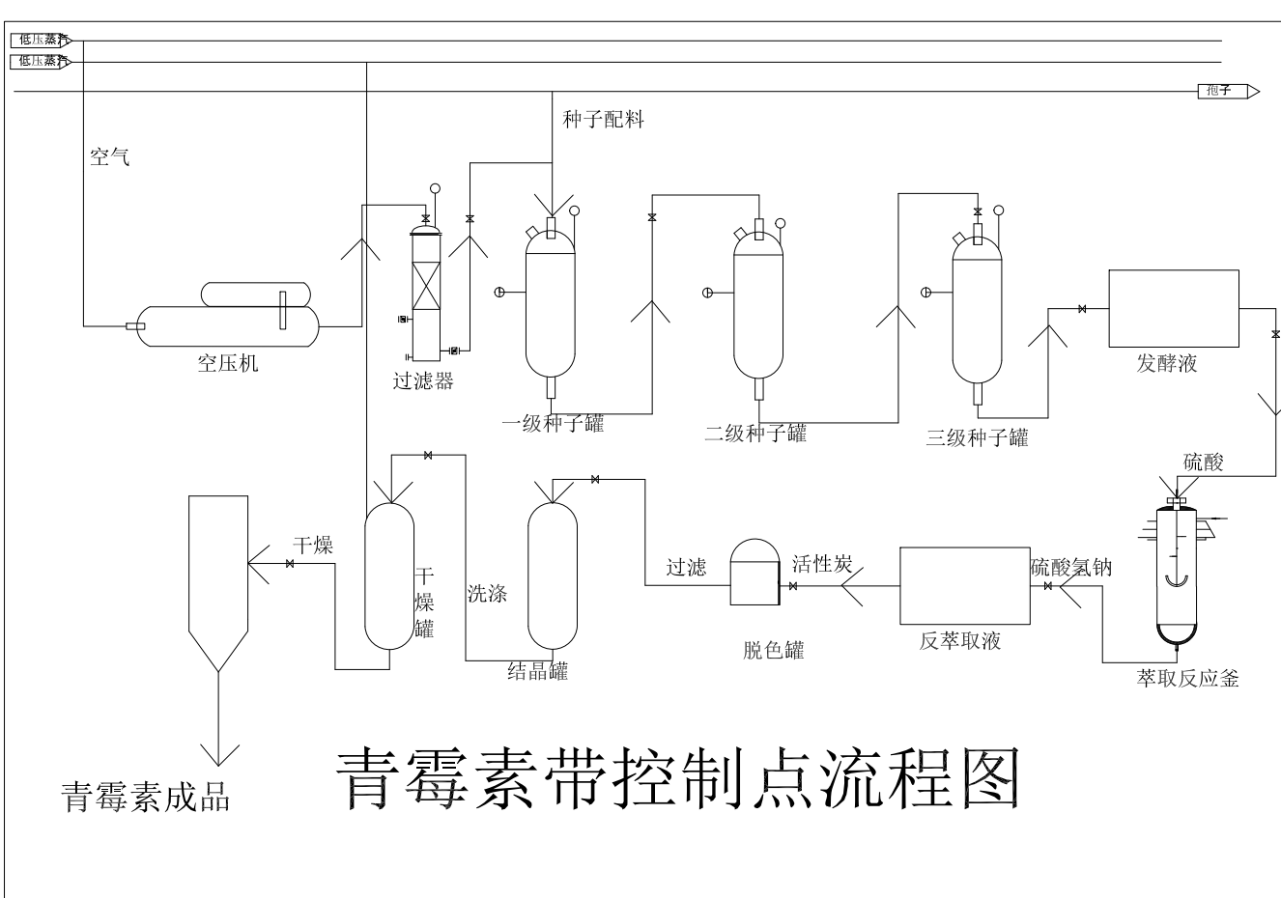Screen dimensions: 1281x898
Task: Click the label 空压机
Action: (228, 364)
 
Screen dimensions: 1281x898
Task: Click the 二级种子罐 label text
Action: (754, 434)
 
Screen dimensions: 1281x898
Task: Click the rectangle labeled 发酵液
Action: (1173, 308)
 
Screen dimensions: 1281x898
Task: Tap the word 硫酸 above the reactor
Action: (1204, 463)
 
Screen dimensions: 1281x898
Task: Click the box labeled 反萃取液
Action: (963, 586)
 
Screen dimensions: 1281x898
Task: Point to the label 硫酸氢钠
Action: (1070, 568)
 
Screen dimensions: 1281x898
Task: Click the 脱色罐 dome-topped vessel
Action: (754, 574)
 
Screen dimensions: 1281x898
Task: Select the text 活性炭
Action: (821, 564)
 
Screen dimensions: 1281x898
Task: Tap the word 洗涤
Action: (488, 593)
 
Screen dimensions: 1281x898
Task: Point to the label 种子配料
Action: (603, 120)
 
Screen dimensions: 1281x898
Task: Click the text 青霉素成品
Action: (146, 798)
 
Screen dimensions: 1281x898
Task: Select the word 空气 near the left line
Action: (109, 156)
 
